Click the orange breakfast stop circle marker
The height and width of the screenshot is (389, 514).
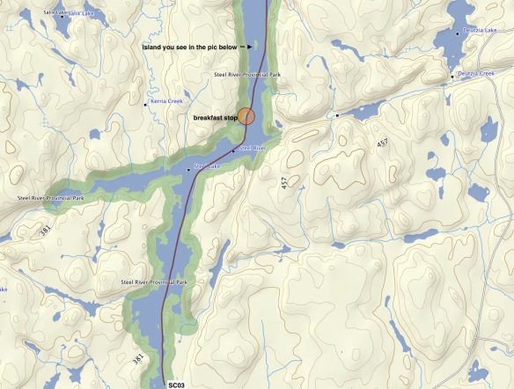click(x=248, y=116)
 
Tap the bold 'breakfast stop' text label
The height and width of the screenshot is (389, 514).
click(x=216, y=117)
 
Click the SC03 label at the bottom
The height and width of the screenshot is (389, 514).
click(x=177, y=384)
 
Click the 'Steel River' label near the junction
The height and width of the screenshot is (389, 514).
click(x=253, y=148)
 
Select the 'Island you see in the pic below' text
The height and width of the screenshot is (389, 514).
click(x=188, y=47)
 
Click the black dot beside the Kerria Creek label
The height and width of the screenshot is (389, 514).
click(x=146, y=105)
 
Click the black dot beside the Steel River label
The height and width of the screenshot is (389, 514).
click(x=233, y=151)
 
